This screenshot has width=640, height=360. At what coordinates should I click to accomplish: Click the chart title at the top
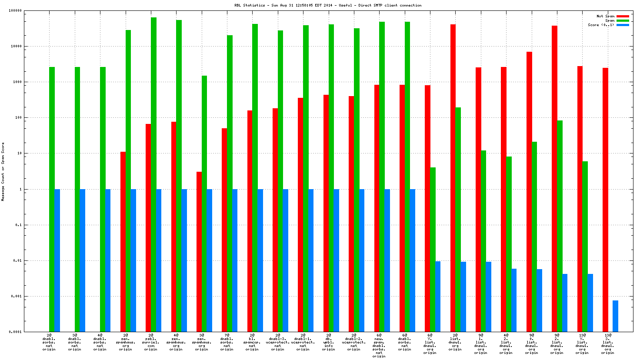click(327, 5)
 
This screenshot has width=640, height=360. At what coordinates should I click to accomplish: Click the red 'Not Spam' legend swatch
click(623, 16)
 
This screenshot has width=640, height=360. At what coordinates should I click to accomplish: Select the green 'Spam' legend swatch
click(623, 20)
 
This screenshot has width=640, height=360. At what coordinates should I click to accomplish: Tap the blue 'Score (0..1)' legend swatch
click(623, 25)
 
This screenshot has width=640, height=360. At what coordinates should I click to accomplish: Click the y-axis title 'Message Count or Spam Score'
click(3, 171)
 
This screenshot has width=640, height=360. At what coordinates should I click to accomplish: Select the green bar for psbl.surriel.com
click(153, 174)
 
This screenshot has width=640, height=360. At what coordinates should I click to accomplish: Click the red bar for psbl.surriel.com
click(148, 228)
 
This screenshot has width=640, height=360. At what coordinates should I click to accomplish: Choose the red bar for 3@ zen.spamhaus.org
click(199, 252)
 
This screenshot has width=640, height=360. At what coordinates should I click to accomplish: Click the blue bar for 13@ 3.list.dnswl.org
click(615, 316)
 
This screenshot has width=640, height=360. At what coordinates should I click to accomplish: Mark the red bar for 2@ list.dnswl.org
click(453, 178)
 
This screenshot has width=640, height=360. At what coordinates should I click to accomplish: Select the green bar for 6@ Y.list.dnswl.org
click(433, 250)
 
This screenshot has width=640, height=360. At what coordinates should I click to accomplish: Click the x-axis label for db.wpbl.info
click(328, 342)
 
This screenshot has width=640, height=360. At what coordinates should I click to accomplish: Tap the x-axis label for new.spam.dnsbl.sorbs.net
click(379, 346)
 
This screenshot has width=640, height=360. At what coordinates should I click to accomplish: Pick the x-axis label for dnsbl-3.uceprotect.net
click(277, 342)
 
